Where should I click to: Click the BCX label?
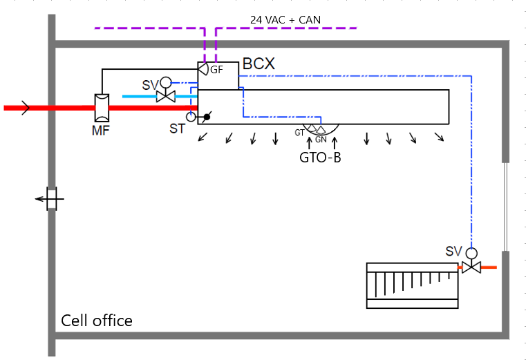tap(259, 64)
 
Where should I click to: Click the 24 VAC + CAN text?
tap(285, 19)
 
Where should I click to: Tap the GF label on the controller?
tap(216, 70)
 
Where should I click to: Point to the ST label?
tap(178, 129)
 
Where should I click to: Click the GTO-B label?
tap(320, 157)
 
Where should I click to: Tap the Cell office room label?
tap(97, 321)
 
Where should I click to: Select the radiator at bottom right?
tap(412, 285)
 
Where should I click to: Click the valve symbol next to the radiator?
tap(471, 267)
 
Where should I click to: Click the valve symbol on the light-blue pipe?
tap(165, 95)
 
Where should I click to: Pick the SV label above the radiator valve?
tap(453, 251)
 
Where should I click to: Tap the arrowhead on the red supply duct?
tap(26, 107)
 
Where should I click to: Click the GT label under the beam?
tap(299, 131)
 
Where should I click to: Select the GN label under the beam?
tap(321, 140)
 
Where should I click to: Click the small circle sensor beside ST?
tap(191, 117)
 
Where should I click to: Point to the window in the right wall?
tap(507, 207)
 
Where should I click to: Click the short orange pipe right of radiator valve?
tap(489, 267)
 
